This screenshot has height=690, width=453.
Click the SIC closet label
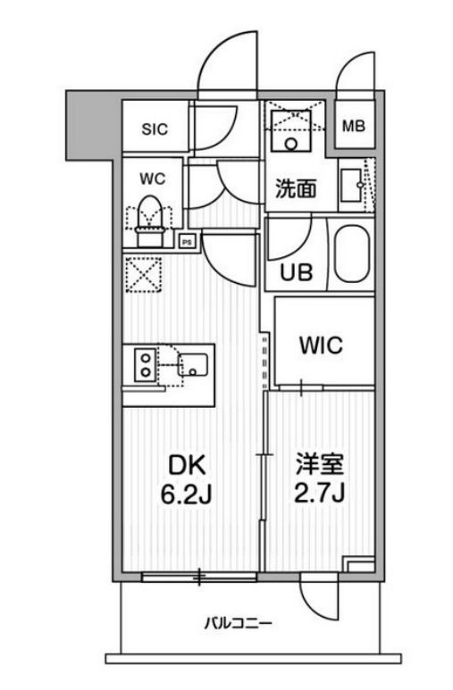[x=154, y=128]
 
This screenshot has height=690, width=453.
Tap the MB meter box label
[x=356, y=126]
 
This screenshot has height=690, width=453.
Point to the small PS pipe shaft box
[x=187, y=239]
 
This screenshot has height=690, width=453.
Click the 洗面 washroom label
[x=295, y=188]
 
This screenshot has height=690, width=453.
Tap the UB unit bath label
[x=297, y=271]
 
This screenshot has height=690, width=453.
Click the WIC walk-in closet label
[x=321, y=345]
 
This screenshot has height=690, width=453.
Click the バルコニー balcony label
[x=238, y=622]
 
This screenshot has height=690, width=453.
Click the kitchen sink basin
[x=194, y=364]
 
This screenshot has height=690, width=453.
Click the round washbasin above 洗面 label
[x=290, y=142]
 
